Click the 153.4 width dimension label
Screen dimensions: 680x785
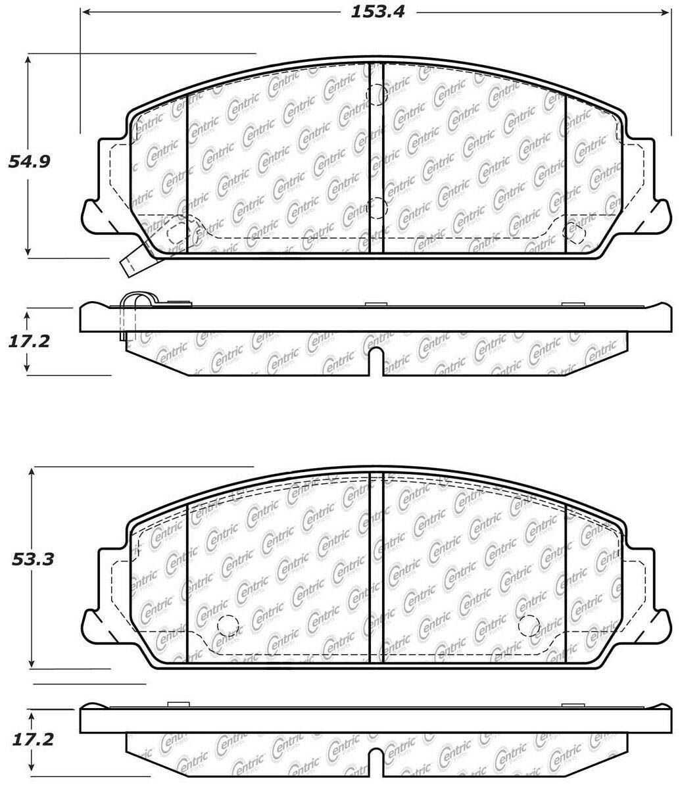click(377, 11)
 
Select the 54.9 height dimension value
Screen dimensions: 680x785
click(29, 162)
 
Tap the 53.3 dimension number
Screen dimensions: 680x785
click(32, 559)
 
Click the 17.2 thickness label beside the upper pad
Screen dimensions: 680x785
click(29, 341)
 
